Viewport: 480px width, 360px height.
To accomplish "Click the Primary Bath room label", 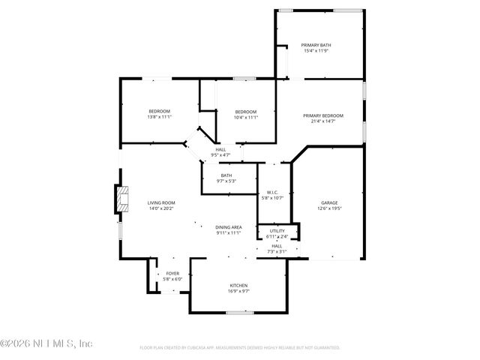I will pyautogui.click(x=316, y=45).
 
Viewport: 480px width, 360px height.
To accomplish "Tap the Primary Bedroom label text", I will pyautogui.click(x=323, y=115).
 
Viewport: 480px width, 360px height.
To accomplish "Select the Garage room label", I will pyautogui.click(x=330, y=202).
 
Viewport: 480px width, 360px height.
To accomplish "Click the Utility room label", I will pyautogui.click(x=277, y=231).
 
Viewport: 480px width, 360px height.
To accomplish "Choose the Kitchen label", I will pyautogui.click(x=238, y=286).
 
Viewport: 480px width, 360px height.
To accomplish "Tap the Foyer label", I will pyautogui.click(x=172, y=274).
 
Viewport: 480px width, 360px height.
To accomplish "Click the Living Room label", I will pyautogui.click(x=160, y=202).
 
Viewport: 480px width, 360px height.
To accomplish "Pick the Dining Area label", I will pyautogui.click(x=228, y=227).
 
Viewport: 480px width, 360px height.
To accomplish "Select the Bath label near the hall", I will pyautogui.click(x=226, y=175).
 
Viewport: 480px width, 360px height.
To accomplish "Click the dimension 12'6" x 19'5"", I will pyautogui.click(x=330, y=208).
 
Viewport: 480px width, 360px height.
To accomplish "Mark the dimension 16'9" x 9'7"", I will pyautogui.click(x=238, y=291).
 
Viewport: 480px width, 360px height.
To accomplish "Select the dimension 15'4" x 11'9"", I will pyautogui.click(x=316, y=51).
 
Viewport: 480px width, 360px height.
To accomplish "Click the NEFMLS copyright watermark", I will pyautogui.click(x=46, y=343).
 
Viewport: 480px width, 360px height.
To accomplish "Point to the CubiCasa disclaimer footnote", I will pyautogui.click(x=240, y=348).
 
